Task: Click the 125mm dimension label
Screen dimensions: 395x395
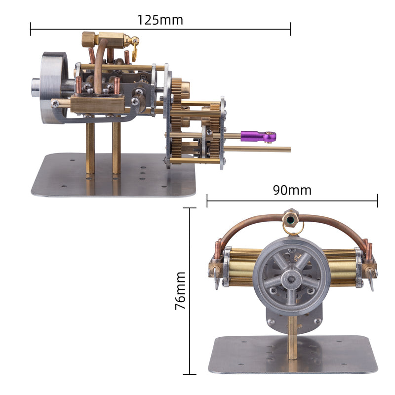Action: click(160, 20)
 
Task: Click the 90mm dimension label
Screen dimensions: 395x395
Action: click(292, 190)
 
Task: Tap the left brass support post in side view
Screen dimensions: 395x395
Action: click(90, 148)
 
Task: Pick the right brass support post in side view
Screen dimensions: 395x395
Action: click(117, 148)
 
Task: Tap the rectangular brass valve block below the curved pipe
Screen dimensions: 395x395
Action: click(97, 104)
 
